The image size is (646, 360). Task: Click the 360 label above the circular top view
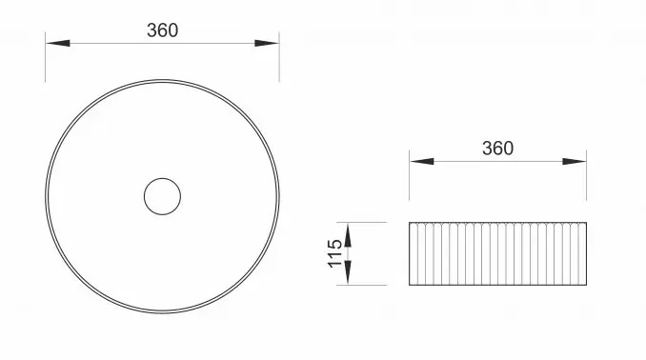[x=162, y=30]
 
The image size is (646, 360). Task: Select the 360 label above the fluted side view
[x=497, y=148]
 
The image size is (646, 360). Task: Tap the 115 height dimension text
[x=335, y=253]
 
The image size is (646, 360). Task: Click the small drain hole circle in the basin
[x=162, y=196]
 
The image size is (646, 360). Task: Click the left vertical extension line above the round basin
[x=46, y=59]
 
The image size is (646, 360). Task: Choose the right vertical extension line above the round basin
[x=279, y=59]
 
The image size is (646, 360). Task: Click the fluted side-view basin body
[x=497, y=253]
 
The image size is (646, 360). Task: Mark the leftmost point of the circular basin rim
[x=46, y=196]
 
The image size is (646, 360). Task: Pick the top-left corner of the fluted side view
[x=410, y=223]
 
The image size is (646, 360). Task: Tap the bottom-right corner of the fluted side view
[x=586, y=285]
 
